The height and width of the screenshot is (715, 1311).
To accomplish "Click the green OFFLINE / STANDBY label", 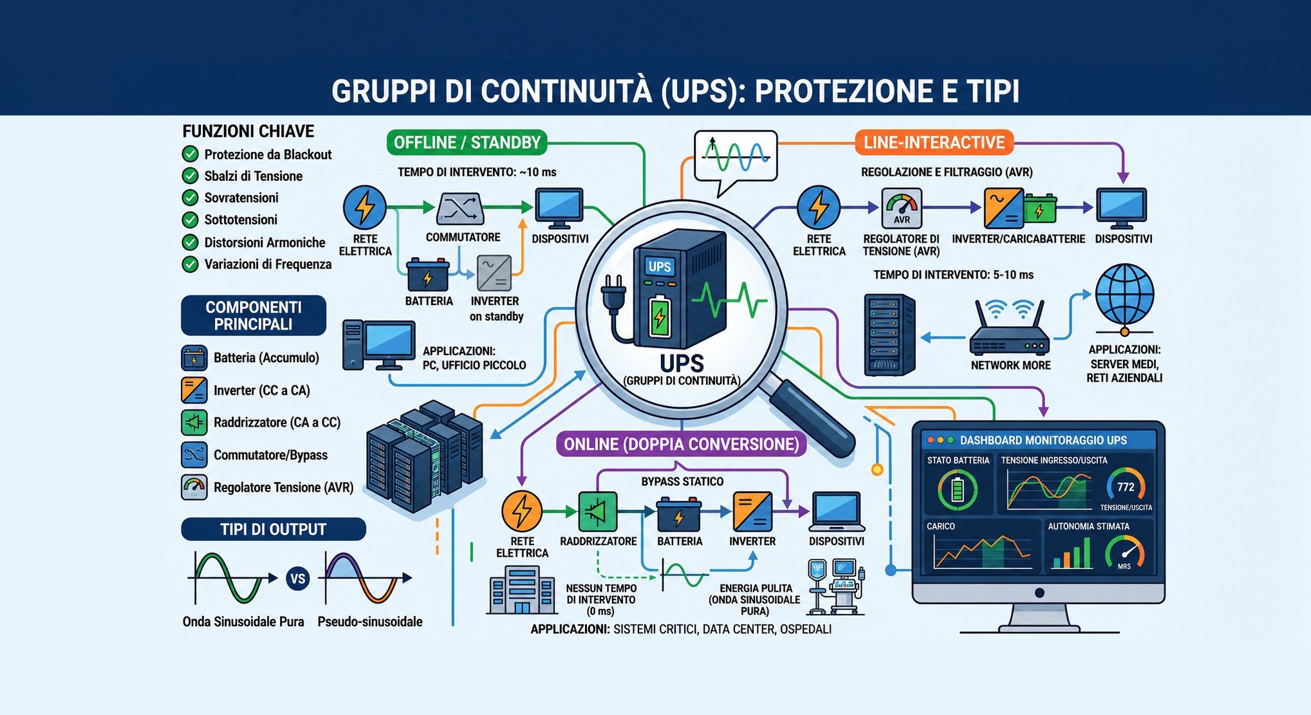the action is pos(467,142).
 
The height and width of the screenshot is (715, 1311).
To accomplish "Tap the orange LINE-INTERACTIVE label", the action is pos(934,142).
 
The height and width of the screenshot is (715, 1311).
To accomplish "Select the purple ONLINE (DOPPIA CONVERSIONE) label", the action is pos(681,444).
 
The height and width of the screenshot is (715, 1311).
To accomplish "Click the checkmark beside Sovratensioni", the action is pos(190,198).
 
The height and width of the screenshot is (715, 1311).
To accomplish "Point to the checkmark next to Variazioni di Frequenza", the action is pos(190,264).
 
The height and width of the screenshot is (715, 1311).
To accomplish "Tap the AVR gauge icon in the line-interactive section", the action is pos(902,208).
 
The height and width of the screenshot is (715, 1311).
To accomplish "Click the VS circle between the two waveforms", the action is pos(297,579).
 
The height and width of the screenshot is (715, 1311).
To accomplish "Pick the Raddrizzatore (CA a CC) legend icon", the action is pos(194,423).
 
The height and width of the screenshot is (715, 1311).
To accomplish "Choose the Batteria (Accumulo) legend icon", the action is pos(194,358).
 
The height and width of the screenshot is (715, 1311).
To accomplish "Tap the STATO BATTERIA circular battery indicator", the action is pos(958,490).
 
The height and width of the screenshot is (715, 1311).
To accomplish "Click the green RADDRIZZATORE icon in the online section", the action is pos(598,512).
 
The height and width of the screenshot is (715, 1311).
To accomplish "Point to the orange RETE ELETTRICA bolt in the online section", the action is pos(522,512).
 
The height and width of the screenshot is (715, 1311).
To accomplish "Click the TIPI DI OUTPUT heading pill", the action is pos(274,529).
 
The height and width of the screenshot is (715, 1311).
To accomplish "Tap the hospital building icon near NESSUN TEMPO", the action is pos(522,590).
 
